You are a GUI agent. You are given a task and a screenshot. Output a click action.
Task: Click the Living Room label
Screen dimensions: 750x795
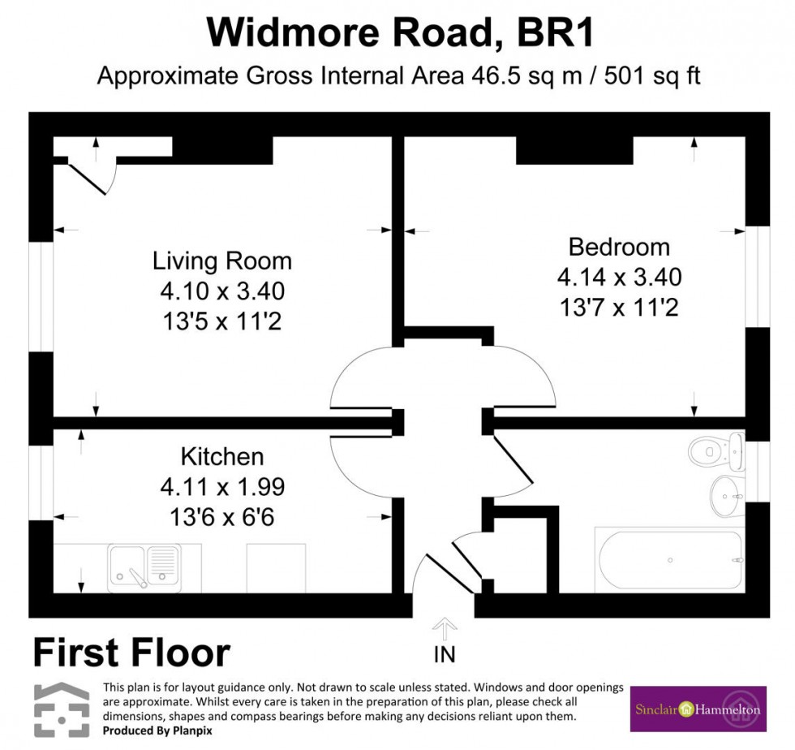(x=221, y=261)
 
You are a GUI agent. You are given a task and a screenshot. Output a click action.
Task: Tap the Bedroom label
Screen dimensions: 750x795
(x=619, y=247)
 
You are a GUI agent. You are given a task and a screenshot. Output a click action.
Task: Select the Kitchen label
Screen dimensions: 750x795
(x=221, y=456)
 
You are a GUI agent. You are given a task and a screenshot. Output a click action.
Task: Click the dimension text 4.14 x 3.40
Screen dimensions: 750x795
(x=619, y=278)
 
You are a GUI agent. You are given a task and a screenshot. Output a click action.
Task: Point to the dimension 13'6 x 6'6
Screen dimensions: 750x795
(x=221, y=517)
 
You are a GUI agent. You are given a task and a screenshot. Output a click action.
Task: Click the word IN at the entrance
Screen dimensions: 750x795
(x=445, y=653)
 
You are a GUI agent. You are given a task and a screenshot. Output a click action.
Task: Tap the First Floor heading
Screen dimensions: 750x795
(x=131, y=652)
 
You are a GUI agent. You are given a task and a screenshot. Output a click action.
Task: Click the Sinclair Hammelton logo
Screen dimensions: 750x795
(x=698, y=709)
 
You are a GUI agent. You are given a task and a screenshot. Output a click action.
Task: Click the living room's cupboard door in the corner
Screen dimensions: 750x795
(x=88, y=177)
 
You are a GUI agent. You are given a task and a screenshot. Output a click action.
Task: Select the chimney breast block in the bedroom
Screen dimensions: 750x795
(x=574, y=150)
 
